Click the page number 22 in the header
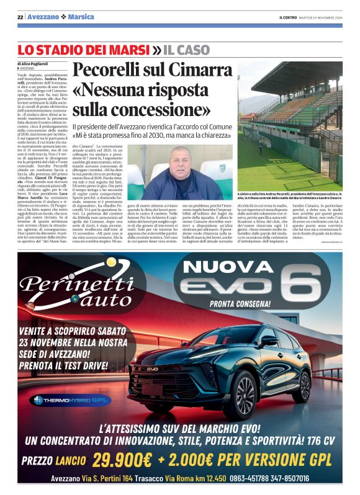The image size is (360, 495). point(20,16)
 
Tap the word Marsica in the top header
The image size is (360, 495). point(81,16)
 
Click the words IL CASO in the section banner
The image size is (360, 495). point(190,49)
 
